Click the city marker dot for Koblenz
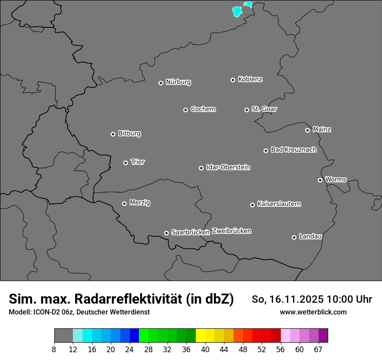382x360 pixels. tap(233, 80)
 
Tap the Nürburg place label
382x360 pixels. tap(178, 82)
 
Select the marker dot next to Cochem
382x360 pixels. tap(185, 110)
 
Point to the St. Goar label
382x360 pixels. tap(264, 109)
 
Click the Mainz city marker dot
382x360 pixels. tap(307, 130)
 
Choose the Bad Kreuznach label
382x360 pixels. tap(293, 150)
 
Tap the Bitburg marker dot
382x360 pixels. tap(113, 134)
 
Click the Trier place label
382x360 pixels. tap(138, 162)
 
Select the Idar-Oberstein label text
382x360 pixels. tap(228, 167)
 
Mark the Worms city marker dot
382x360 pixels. tap(320, 180)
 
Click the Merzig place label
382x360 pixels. tap(140, 203)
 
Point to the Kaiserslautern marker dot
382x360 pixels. tap(252, 205)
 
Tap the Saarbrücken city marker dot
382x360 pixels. tap(166, 233)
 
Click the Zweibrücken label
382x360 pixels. tap(231, 231)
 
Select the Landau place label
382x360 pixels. tap(310, 236)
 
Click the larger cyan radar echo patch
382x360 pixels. tap(237, 11)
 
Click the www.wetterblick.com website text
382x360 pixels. tap(313, 312)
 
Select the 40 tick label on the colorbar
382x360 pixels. tap(205, 349)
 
